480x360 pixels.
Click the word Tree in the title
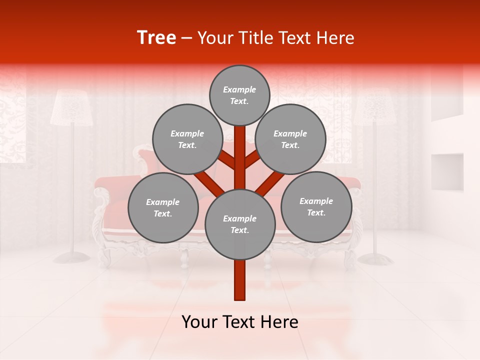tap(156, 38)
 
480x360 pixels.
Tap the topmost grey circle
tap(239, 95)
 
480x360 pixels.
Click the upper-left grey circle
tap(187, 139)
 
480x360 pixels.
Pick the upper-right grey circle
tap(290, 139)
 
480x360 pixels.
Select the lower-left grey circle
tap(163, 207)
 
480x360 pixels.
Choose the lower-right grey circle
tap(316, 206)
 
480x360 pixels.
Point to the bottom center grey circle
tap(240, 224)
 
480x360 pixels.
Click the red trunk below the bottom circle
tap(240, 280)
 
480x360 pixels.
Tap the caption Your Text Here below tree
tap(240, 322)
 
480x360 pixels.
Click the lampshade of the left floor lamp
tap(71, 107)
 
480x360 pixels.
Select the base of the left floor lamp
tap(71, 257)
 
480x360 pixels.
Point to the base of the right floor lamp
tap(375, 258)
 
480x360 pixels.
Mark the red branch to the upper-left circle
tap(226, 159)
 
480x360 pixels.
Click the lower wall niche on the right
tap(447, 171)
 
